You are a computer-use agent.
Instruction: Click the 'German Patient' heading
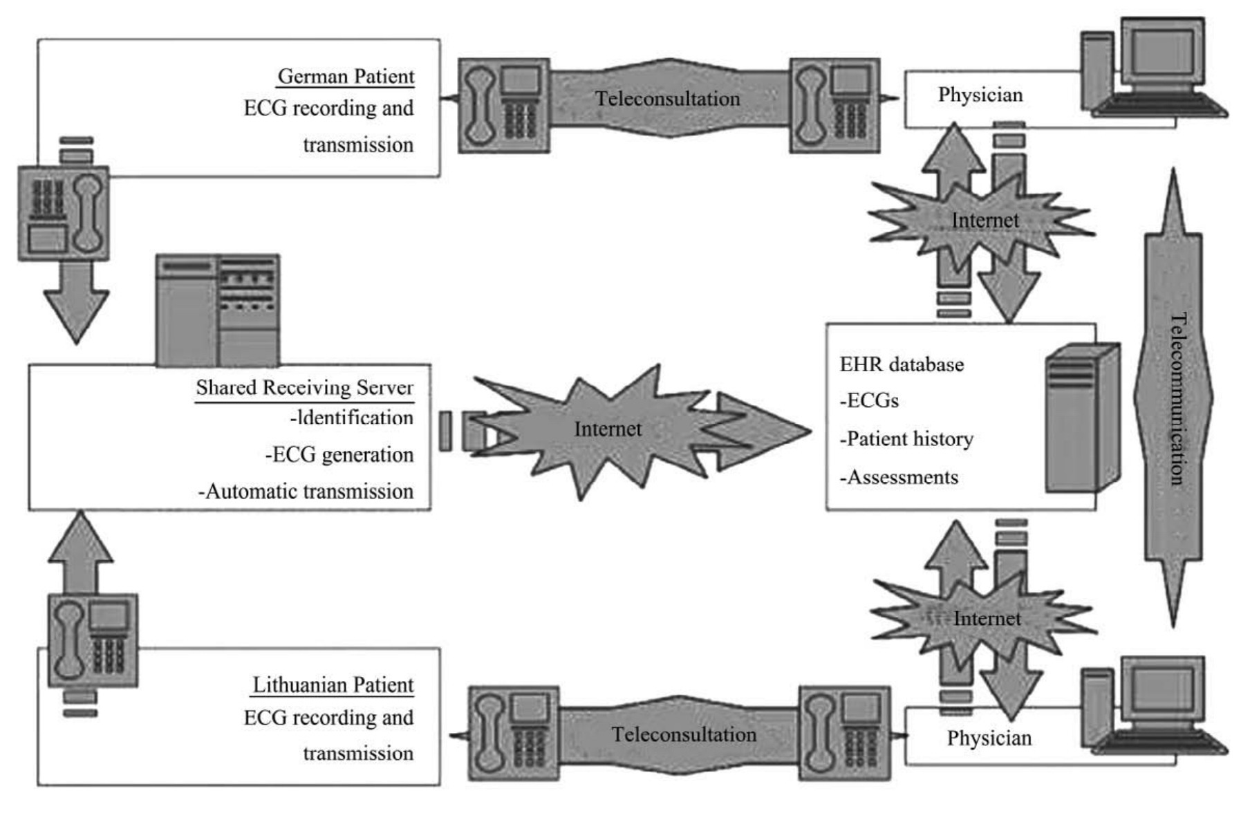[x=346, y=76]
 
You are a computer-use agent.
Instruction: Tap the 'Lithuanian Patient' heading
[x=333, y=684]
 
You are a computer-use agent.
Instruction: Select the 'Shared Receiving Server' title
[x=304, y=388]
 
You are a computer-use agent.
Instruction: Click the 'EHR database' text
[x=902, y=364]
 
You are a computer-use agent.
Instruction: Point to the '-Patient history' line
[x=906, y=439]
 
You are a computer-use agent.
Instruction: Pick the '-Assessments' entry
[x=899, y=477]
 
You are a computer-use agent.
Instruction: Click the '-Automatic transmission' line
[x=306, y=492]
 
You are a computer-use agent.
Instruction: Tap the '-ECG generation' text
[x=339, y=455]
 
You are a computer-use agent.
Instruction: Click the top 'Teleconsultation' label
[x=668, y=99]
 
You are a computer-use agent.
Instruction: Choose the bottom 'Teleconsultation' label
[x=684, y=734]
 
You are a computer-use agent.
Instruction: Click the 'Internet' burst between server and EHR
[x=608, y=429]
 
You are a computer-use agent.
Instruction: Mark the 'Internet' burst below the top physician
[x=985, y=221]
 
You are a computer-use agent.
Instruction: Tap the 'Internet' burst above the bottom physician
[x=987, y=618]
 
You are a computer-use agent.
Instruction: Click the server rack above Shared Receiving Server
[x=218, y=310]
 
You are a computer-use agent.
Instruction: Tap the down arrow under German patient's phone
[x=76, y=301]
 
